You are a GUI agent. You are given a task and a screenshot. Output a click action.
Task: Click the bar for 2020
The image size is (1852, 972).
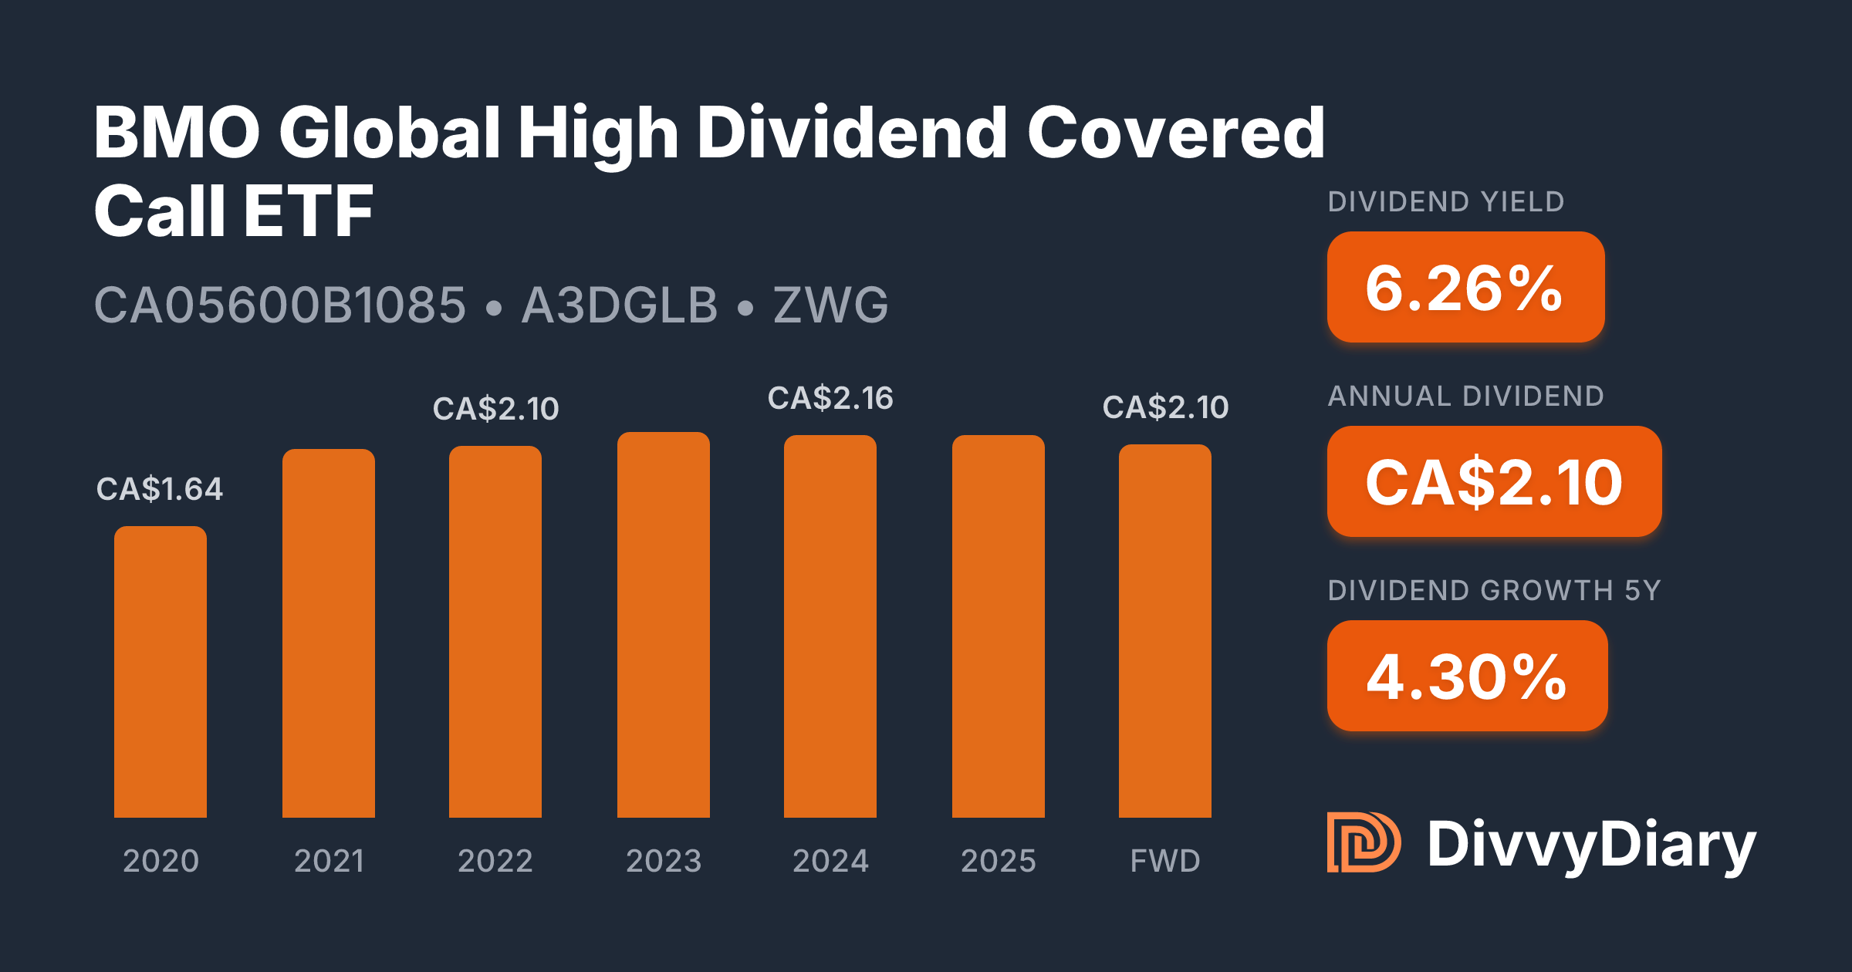coord(161,671)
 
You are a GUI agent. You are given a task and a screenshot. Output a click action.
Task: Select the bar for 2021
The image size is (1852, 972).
coord(329,633)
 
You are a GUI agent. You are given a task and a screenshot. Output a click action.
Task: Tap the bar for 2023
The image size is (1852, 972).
coord(664,625)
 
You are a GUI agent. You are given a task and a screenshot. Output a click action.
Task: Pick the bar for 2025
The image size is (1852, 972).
coord(999,626)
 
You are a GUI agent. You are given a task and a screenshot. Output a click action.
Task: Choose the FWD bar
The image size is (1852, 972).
coord(1165,631)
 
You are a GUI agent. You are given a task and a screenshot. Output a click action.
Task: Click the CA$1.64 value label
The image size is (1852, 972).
coord(160,489)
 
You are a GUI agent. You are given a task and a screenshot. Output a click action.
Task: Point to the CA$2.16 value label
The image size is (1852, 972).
coord(830,399)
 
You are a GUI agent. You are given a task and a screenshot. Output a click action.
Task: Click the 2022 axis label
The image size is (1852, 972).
coord(495,861)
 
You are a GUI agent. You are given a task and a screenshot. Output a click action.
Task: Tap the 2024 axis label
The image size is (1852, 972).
coord(830,861)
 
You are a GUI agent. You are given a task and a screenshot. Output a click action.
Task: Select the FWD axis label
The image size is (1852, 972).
coord(1165,861)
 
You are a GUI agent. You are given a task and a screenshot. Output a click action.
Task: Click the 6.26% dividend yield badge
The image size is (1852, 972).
coord(1465,288)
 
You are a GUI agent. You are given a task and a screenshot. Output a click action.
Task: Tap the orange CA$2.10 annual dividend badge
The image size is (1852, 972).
coord(1494,482)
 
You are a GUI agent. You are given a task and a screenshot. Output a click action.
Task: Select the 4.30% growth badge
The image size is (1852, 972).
coord(1467,677)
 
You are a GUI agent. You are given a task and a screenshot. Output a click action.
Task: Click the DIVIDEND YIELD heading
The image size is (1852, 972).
coord(1446,202)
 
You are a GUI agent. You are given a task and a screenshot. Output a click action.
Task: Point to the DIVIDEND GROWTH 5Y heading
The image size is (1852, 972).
coord(1494,591)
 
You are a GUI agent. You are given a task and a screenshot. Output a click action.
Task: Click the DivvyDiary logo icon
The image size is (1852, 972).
coord(1364,842)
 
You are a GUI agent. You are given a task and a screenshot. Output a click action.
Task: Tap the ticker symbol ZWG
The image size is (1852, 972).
coord(831,305)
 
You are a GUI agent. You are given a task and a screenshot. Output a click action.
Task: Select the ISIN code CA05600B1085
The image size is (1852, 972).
coord(280,305)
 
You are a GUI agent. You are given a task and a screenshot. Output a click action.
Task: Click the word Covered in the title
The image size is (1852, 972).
coord(1175,133)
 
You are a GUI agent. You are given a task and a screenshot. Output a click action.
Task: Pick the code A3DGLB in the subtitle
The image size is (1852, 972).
coord(620,305)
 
